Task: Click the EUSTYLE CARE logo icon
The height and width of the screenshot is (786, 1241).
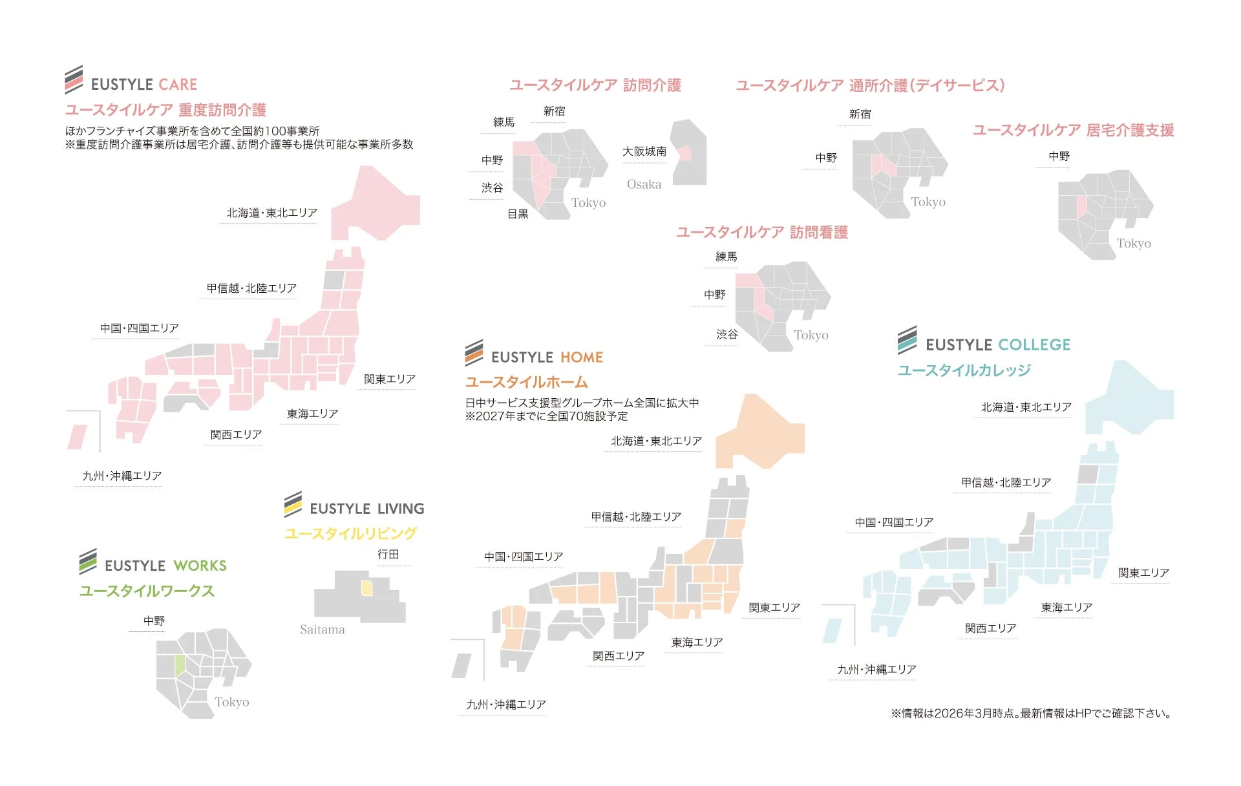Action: [74, 80]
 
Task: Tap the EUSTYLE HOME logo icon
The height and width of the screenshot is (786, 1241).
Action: [474, 353]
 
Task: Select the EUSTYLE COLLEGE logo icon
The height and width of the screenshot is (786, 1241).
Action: [907, 340]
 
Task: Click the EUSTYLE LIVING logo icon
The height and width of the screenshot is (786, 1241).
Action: [293, 504]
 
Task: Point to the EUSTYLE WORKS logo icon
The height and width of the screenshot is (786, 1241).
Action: [88, 561]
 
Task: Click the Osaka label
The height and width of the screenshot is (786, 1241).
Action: [644, 184]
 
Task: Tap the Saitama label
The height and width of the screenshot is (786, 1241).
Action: [322, 630]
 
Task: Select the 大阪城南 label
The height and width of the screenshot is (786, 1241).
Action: [644, 151]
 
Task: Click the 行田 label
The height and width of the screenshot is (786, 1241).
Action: [388, 555]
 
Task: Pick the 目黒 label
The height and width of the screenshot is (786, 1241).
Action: [517, 214]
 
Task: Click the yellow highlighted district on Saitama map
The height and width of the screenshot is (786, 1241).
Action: [366, 588]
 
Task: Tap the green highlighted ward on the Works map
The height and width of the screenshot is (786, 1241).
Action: [180, 666]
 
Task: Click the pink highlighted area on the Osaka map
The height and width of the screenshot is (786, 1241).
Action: [685, 153]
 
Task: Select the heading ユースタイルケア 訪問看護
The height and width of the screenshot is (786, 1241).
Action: [761, 233]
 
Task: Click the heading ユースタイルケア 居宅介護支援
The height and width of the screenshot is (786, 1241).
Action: [1073, 131]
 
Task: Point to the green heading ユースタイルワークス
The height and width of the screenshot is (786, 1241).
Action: [147, 591]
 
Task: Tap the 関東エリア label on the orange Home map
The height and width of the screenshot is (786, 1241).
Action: [774, 608]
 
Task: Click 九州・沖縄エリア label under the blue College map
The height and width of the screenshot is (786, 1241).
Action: [876, 670]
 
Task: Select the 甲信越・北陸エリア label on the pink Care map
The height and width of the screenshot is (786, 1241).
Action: [251, 288]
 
